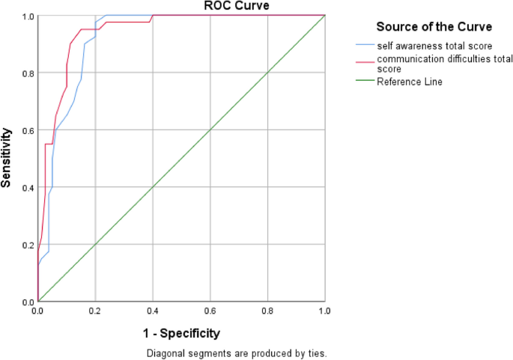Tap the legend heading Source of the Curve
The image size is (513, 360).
pos(434,27)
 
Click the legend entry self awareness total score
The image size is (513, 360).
pos(434,46)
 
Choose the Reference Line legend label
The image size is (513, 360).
pos(409,82)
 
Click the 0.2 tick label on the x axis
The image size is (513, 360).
pos(95,309)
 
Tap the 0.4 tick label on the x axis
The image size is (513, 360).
pos(153,309)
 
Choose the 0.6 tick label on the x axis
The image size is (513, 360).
pos(210,309)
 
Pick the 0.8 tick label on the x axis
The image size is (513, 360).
pos(267,309)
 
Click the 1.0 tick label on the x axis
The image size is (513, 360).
pos(324,309)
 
